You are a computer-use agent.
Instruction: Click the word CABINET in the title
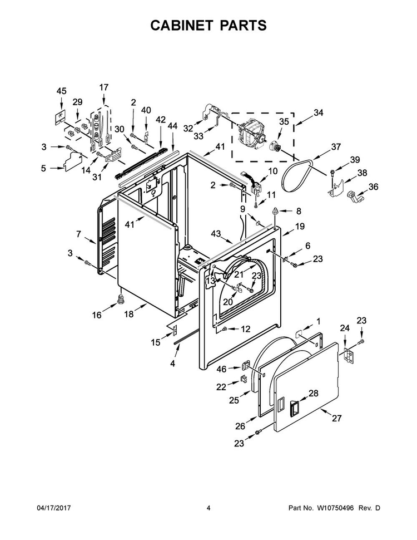[x=180, y=26]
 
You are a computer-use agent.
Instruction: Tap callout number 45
[x=61, y=91]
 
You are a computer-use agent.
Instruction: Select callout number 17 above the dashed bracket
[x=104, y=87]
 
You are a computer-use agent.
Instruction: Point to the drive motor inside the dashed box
[x=251, y=132]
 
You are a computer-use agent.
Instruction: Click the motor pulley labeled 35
[x=275, y=147]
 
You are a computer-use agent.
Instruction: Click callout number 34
[x=318, y=112]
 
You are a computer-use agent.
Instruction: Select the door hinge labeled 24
[x=349, y=355]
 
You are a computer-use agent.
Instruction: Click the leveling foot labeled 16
[x=121, y=299]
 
